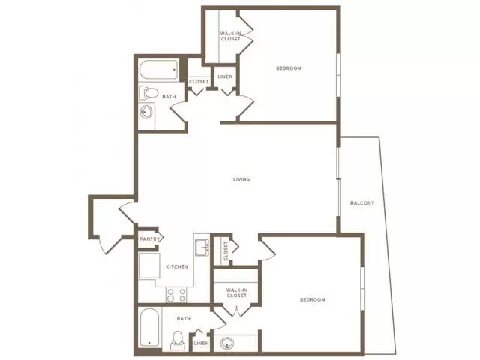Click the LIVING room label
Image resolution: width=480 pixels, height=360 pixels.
coord(241,179)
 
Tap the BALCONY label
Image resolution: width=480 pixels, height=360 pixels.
coord(362,203)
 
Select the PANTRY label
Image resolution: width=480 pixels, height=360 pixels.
coord(150,238)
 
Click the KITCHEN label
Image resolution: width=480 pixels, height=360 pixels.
coord(177,267)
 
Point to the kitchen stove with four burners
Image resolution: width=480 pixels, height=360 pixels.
coord(176,295)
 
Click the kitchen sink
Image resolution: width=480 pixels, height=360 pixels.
coord(202,247)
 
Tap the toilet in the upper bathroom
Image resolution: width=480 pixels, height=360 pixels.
coord(148,92)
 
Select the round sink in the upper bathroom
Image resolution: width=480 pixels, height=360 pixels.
coord(146,112)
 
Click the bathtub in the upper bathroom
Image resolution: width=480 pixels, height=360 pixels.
coord(159,70)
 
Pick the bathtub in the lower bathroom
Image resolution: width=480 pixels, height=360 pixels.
coord(150,327)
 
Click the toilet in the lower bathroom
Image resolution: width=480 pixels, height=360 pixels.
coord(178,340)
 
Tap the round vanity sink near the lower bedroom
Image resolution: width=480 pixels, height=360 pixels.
coord(227,344)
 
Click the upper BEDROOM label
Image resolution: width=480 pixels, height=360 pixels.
coord(289,68)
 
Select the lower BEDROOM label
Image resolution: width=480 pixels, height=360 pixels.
coord(313,299)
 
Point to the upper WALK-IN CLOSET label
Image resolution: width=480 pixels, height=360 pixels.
coord(230,36)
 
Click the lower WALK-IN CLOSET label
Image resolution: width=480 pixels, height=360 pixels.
coord(237,292)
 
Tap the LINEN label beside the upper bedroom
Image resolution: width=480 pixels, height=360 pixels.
coord(225,76)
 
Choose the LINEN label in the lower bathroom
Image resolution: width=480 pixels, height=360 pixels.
coord(202,343)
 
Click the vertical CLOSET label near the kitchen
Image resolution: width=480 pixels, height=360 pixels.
coord(226,251)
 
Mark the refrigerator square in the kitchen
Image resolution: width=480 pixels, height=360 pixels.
coord(149,265)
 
